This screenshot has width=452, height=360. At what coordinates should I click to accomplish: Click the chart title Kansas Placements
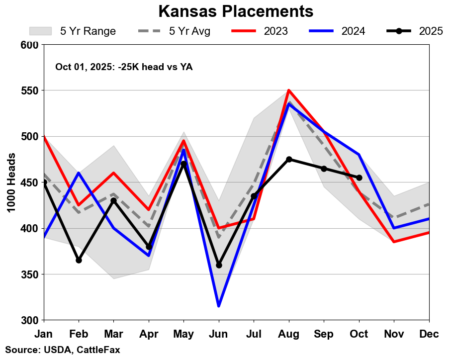pos(236,11)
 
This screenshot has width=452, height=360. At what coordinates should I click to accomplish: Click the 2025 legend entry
pos(415,31)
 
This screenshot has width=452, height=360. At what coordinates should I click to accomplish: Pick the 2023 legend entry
pos(260,31)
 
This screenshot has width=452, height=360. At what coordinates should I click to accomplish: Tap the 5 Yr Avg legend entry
pos(174,31)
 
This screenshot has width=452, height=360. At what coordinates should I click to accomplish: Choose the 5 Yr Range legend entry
pos(73,31)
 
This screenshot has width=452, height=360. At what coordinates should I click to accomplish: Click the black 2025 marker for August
pos(289,159)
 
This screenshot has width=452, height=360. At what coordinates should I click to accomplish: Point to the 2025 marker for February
pos(79,260)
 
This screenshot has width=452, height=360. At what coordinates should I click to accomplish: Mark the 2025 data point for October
pos(359,178)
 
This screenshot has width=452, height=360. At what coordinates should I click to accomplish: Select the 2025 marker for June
pos(219,265)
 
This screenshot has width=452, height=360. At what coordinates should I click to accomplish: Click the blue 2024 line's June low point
pos(219,306)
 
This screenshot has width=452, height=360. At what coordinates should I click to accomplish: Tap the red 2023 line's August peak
pos(289,90)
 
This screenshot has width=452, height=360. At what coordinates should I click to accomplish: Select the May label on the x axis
pos(183,335)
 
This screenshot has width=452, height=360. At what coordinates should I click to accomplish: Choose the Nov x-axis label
pos(394,335)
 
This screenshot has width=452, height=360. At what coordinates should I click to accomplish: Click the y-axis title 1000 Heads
pos(12,182)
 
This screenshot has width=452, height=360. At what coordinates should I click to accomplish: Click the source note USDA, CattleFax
pos(63,350)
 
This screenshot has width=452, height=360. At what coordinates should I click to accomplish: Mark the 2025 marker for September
pos(324,169)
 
